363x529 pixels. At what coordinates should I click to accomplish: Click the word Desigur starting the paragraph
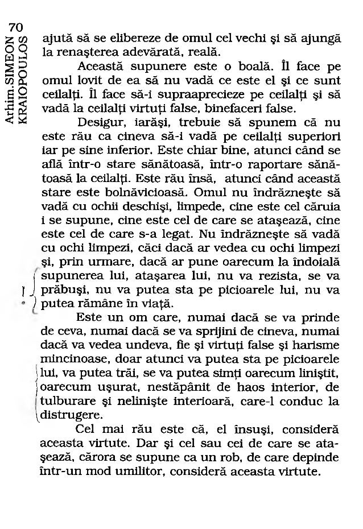coord(97,122)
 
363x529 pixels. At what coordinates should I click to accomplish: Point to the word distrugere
coord(71,415)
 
